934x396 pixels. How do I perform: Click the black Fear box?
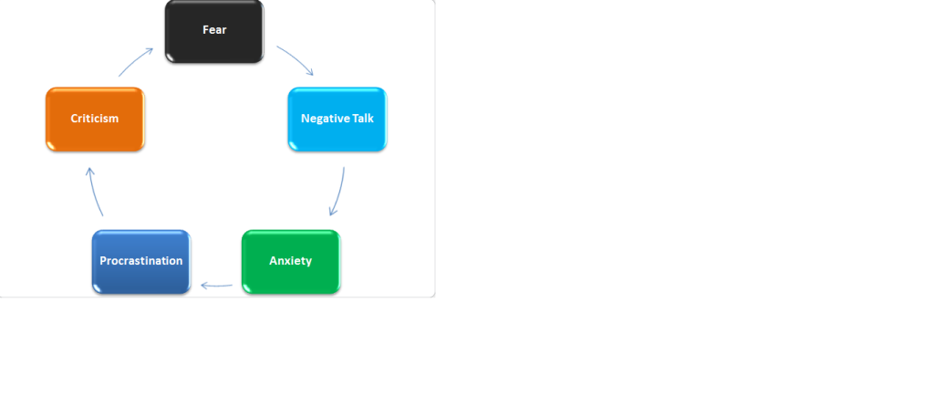(x=214, y=31)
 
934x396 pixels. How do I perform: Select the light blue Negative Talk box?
(x=337, y=120)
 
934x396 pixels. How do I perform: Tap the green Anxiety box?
(x=291, y=262)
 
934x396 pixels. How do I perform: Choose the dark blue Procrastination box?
(x=141, y=262)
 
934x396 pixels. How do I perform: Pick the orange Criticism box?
(x=95, y=120)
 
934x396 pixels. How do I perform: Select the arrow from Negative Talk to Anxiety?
(x=339, y=192)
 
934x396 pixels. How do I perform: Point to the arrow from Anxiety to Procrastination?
(x=217, y=286)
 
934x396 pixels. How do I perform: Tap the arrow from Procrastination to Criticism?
(x=94, y=192)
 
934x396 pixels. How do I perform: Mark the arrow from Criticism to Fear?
(x=135, y=61)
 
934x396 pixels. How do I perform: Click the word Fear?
(x=214, y=30)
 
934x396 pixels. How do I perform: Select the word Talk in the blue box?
(x=362, y=119)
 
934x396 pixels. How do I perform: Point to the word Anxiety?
(x=291, y=261)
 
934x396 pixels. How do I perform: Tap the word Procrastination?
(x=141, y=261)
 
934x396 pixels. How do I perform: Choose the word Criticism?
(x=95, y=119)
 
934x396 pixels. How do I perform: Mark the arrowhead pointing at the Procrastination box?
(x=205, y=286)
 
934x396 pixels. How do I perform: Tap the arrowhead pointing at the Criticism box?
(x=90, y=172)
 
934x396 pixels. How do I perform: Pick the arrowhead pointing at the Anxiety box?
(x=333, y=212)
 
